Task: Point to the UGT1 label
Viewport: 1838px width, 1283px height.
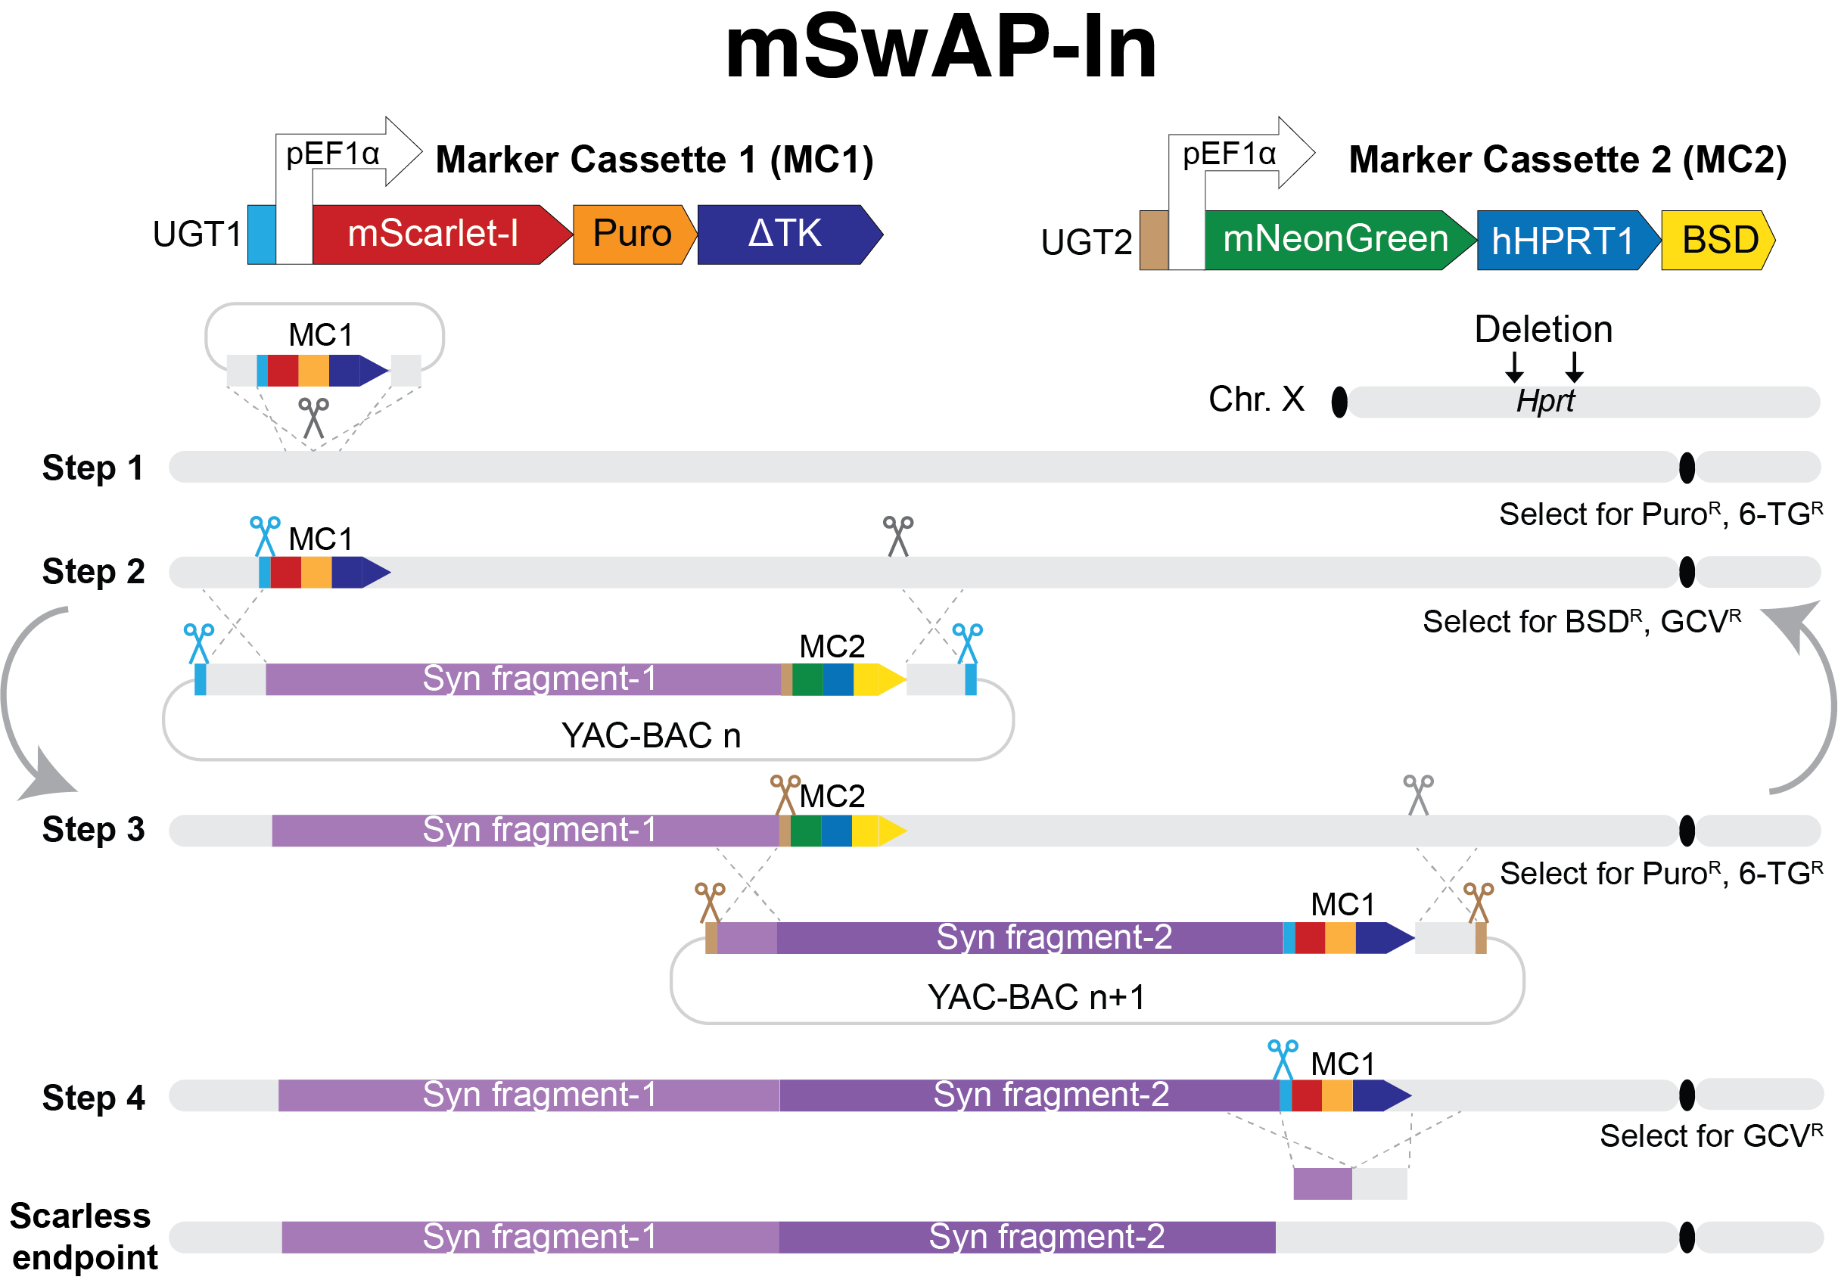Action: pyautogui.click(x=197, y=235)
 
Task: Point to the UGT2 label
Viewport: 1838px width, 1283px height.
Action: pyautogui.click(x=1087, y=242)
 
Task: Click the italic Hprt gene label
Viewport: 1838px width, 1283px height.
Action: pyautogui.click(x=1545, y=401)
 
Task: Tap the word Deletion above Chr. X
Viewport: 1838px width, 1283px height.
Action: pyautogui.click(x=1544, y=329)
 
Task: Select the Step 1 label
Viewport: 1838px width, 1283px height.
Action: pyautogui.click(x=93, y=468)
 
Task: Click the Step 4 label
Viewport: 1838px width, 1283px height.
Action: pyautogui.click(x=93, y=1098)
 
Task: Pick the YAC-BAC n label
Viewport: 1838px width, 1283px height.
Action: pyautogui.click(x=651, y=735)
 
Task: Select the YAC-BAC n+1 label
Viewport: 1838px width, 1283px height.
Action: pyautogui.click(x=1037, y=997)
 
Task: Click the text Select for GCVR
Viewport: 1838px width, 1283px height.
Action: pyautogui.click(x=1712, y=1135)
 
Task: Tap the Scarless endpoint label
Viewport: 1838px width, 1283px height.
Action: pyautogui.click(x=83, y=1237)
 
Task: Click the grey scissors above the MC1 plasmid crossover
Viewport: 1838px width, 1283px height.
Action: pyautogui.click(x=314, y=418)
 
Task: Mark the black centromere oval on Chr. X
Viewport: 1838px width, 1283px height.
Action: pyautogui.click(x=1339, y=402)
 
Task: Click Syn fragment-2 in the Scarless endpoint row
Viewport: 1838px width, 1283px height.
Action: pyautogui.click(x=1047, y=1237)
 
